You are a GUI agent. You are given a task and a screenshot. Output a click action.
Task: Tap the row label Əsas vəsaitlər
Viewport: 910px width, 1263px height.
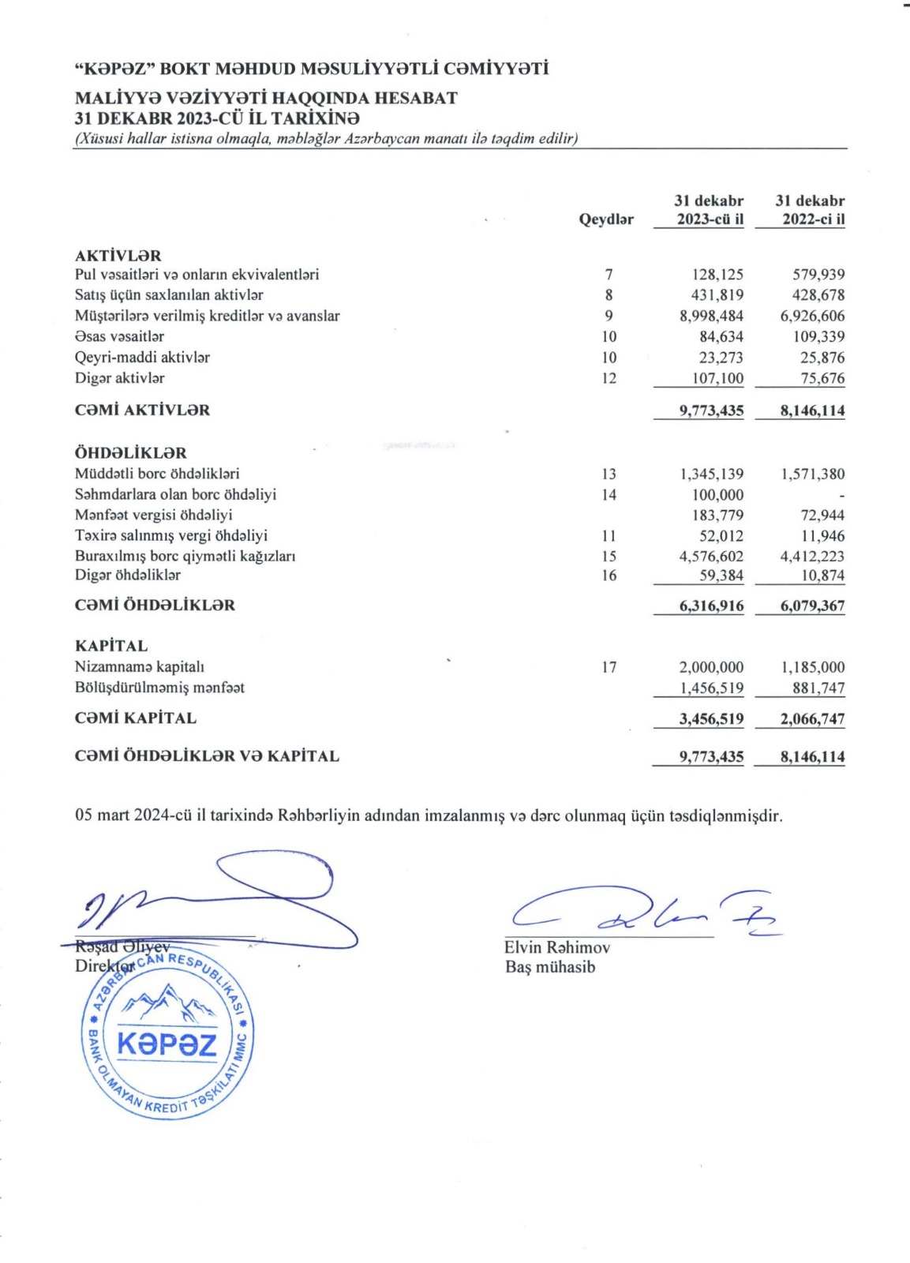pos(119,336)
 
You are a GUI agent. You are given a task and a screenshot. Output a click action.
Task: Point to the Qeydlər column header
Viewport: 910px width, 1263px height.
pos(606,219)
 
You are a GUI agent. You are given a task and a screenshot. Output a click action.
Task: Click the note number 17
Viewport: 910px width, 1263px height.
pos(609,667)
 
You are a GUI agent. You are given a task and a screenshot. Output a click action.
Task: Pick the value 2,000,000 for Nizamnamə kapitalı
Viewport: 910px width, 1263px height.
pos(711,667)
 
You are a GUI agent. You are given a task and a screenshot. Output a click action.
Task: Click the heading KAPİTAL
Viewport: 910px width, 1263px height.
pos(111,646)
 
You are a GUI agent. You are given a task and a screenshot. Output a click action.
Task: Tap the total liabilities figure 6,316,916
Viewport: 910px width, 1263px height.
pos(711,606)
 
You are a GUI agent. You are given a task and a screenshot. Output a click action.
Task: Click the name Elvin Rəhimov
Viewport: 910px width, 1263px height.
pos(557,947)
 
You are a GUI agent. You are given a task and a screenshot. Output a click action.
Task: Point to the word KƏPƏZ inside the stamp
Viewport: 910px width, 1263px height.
pos(167,1045)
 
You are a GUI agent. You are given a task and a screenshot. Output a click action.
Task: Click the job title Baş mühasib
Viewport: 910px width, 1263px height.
pos(550,967)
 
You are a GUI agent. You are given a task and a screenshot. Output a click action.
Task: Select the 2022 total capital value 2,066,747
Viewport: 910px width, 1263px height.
pos(812,719)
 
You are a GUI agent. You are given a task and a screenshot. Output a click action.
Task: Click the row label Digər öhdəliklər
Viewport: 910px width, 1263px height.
pos(128,575)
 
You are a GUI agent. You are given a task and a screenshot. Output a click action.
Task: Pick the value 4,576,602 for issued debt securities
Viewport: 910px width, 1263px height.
pos(711,557)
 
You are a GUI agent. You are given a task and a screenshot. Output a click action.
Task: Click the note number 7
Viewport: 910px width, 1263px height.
pos(609,275)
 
